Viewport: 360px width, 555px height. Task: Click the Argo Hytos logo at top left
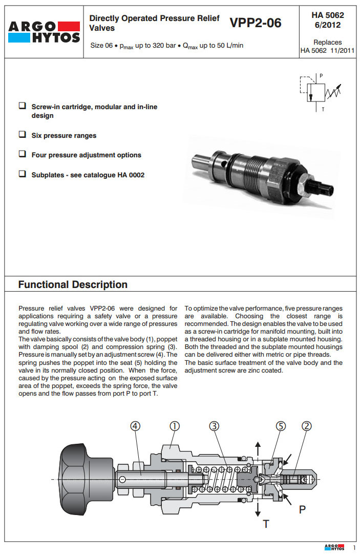[44, 32]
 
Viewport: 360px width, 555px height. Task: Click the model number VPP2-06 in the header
[256, 23]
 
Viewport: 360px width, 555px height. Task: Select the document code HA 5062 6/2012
[327, 20]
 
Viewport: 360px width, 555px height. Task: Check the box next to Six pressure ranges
[23, 135]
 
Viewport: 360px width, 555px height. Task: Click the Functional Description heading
[73, 285]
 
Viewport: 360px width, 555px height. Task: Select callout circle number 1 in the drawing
[174, 426]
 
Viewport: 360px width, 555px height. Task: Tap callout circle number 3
[214, 426]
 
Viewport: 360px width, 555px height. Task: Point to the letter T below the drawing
[265, 523]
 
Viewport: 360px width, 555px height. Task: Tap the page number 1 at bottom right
[354, 548]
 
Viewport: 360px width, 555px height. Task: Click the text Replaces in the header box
[327, 42]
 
